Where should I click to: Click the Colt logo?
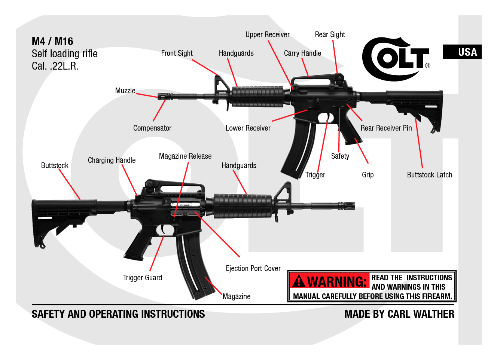coord(396,59)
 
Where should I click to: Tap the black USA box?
coord(462,52)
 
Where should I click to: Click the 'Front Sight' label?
coord(177,54)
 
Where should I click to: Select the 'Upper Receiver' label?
coord(267,35)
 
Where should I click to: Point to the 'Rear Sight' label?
coord(330,35)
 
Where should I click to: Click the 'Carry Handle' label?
coord(302,54)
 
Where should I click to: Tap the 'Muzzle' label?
coord(125,91)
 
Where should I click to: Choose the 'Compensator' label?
coord(152,128)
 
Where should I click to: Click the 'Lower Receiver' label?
coord(248,128)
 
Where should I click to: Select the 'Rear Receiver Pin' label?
coord(386,128)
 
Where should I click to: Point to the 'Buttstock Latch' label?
coord(429,175)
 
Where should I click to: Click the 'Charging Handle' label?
coord(112,161)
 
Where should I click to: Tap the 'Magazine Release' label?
coord(185,156)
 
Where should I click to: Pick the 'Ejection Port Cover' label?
coord(253,269)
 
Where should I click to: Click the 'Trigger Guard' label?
coord(142,278)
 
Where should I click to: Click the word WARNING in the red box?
coord(337,281)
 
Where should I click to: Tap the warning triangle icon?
coord(299,281)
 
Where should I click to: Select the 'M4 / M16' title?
coord(52,41)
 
